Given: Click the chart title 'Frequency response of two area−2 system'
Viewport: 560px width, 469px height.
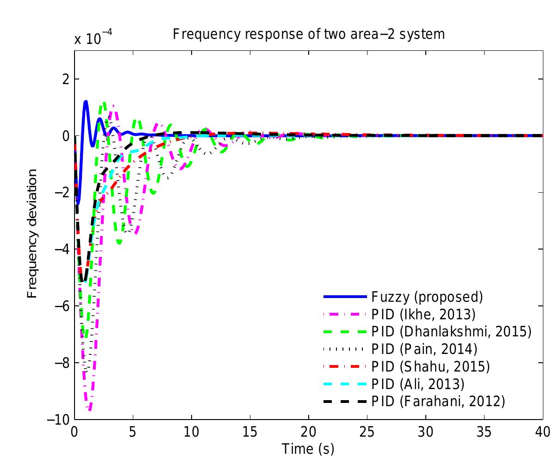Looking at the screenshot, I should [x=309, y=34].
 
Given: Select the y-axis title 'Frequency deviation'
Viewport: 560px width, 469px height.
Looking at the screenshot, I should [x=32, y=233].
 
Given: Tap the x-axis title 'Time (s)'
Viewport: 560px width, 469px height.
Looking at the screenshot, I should [x=308, y=448].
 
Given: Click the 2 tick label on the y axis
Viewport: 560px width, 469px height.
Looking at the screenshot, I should [x=66, y=79].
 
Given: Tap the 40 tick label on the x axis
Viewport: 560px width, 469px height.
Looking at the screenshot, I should [x=542, y=432].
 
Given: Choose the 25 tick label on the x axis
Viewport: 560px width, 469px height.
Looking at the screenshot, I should [x=367, y=432].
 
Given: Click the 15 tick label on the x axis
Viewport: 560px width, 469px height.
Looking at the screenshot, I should [x=250, y=432].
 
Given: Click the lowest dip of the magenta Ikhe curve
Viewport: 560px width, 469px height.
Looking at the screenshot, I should [x=90, y=409].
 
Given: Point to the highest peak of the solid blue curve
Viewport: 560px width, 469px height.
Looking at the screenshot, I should [x=86, y=101].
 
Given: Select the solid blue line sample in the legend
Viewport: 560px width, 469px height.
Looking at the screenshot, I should [x=345, y=296].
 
